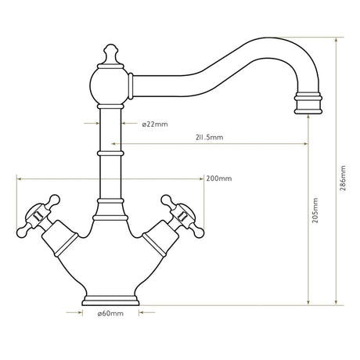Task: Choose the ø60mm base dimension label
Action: click(110, 314)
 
